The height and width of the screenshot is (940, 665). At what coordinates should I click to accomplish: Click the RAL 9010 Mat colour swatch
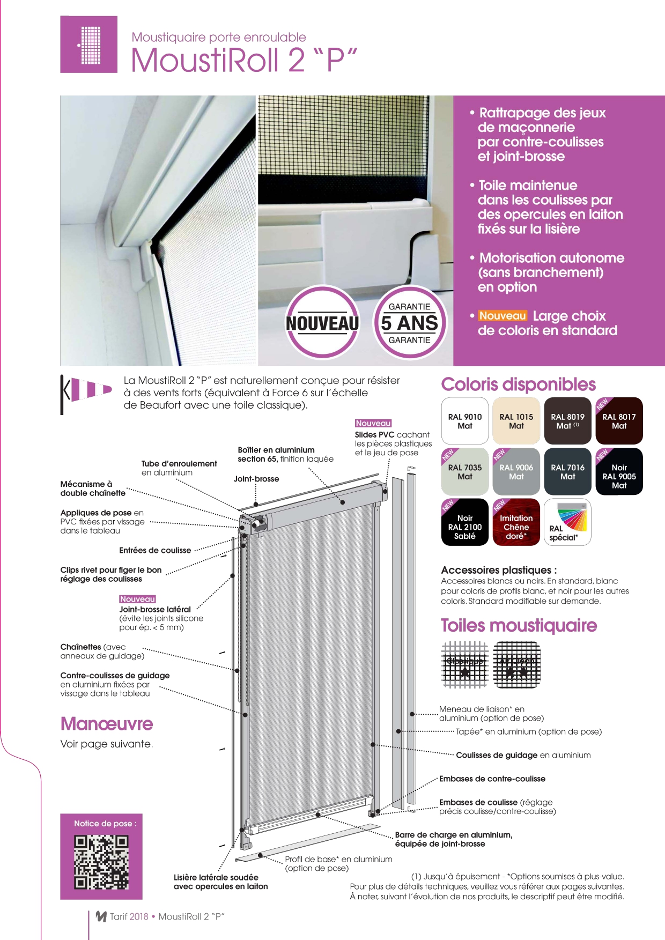click(465, 421)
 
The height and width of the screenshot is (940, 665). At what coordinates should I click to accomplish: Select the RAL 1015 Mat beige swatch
click(516, 421)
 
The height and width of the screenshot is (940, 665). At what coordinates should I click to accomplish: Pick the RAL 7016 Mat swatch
click(567, 471)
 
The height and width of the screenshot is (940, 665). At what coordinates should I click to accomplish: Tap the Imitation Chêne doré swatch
click(516, 522)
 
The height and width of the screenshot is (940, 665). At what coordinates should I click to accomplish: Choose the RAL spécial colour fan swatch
click(567, 522)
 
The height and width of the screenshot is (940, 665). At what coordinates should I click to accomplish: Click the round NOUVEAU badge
click(322, 323)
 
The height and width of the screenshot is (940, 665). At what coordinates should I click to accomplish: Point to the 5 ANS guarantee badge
click(410, 323)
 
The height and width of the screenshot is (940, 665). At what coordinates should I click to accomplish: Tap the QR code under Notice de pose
click(101, 862)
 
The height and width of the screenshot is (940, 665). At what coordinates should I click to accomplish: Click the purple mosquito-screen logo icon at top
click(89, 45)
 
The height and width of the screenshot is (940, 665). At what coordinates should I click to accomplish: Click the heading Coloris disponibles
click(518, 384)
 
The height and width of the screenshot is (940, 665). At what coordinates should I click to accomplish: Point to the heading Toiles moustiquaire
click(519, 625)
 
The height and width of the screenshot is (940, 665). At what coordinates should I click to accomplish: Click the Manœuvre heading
click(107, 724)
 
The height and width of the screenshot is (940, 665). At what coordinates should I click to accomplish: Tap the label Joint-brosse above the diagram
click(256, 479)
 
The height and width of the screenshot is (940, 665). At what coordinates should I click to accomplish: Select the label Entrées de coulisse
click(155, 550)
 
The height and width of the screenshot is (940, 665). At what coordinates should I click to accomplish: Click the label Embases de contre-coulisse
click(492, 779)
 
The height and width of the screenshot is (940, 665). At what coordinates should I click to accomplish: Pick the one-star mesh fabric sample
click(465, 665)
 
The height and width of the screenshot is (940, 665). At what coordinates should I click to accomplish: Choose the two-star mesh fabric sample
click(516, 665)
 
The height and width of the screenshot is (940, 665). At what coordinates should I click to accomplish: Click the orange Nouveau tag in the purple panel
click(503, 316)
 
